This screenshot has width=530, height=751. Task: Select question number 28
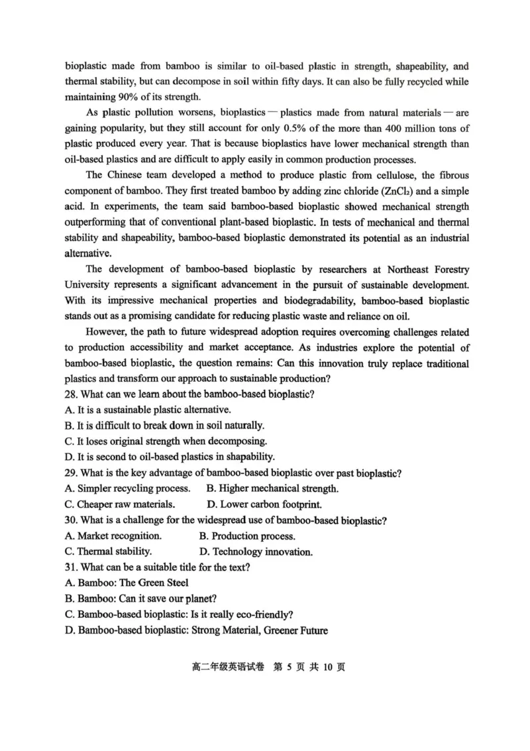coord(72,394)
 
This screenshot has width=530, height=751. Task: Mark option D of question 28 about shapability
coord(170,457)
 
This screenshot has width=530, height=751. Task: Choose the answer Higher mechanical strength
coord(272,489)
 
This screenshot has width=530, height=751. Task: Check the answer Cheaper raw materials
coord(120,504)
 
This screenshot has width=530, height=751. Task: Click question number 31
coord(72,567)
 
